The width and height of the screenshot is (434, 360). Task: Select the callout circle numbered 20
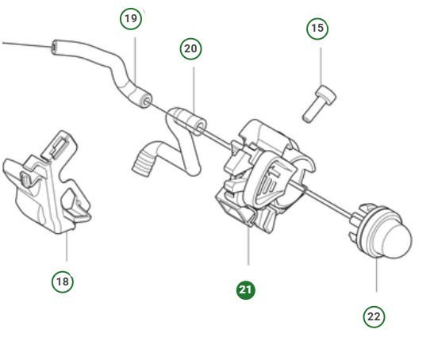point(190,49)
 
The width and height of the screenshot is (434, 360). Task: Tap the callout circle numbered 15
point(317,29)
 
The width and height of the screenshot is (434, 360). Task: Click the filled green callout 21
point(246,290)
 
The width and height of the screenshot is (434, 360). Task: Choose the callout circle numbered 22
point(374,316)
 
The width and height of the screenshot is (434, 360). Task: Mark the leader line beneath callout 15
point(321,67)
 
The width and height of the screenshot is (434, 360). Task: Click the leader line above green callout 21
point(248,246)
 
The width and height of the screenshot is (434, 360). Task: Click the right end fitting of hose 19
point(144,101)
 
